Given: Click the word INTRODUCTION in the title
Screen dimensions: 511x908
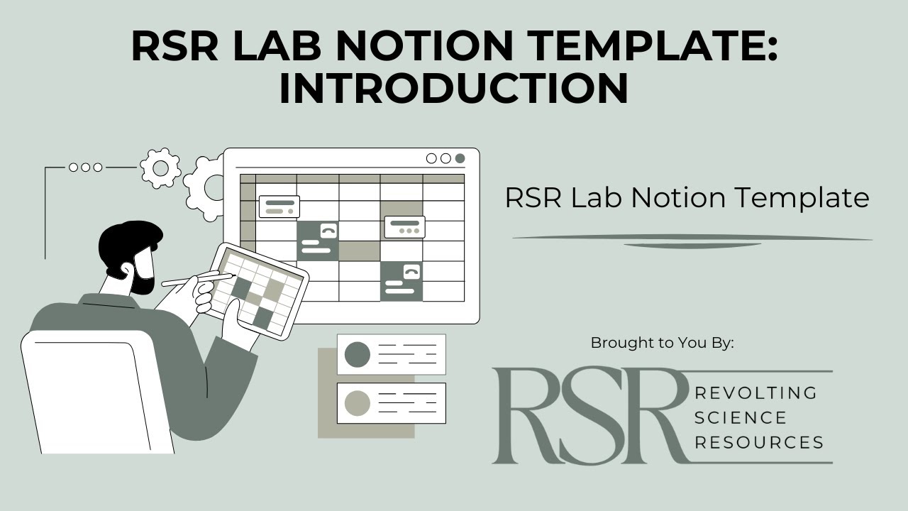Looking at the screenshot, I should click(454, 88).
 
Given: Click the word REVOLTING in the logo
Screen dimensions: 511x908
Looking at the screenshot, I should click(756, 392).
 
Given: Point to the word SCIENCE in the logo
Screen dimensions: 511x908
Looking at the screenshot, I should click(741, 417).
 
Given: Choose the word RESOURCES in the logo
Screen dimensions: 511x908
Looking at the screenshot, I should click(759, 442).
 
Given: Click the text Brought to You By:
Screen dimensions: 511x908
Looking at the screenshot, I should click(662, 343).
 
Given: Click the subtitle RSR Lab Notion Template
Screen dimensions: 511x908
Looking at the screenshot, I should click(687, 197).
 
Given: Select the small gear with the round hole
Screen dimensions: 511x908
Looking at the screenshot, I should click(160, 168).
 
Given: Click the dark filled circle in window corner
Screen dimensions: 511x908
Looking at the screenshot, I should click(460, 158).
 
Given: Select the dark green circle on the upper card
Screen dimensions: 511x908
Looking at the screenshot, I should click(358, 354).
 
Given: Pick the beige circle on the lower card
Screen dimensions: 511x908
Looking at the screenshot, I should click(358, 403).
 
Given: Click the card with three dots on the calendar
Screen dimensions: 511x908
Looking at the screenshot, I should click(404, 227).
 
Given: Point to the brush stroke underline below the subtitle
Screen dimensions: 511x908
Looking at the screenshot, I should click(692, 240).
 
